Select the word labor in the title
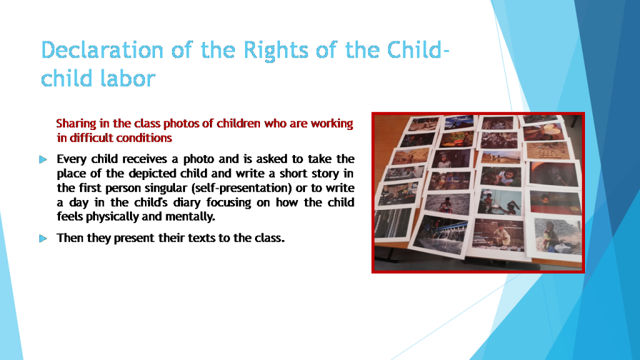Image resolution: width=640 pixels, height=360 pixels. [127, 79]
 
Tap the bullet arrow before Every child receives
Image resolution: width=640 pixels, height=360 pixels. [43, 159]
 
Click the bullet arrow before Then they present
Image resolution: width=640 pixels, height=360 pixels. [43, 238]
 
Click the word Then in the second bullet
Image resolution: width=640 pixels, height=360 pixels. [70, 237]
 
